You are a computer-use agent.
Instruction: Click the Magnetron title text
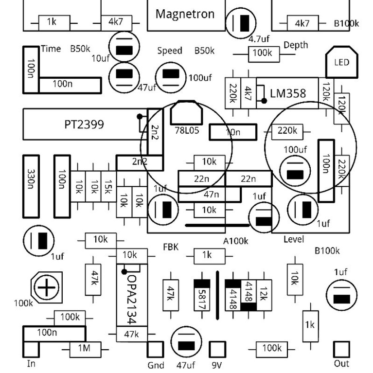click(x=185, y=14)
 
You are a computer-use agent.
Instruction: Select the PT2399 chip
click(x=85, y=124)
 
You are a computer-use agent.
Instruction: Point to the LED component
click(x=341, y=62)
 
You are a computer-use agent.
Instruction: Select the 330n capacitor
click(x=31, y=186)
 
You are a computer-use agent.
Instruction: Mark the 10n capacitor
click(x=232, y=132)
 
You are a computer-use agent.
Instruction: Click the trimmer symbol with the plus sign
click(x=47, y=288)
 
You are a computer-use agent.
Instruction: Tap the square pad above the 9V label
click(x=217, y=349)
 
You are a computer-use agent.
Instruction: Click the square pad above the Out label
click(x=341, y=349)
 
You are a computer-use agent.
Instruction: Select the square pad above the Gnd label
click(x=155, y=349)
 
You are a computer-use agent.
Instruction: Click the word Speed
click(x=170, y=51)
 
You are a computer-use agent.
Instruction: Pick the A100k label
click(x=235, y=241)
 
